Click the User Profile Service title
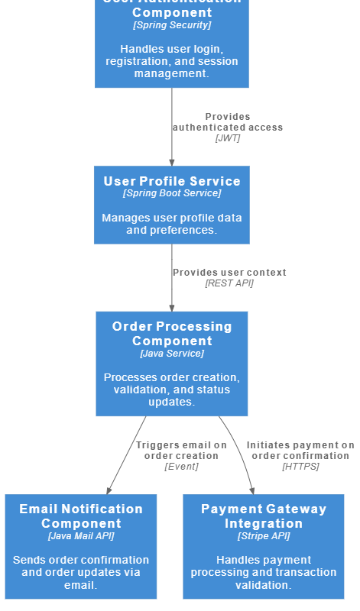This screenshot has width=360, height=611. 172,181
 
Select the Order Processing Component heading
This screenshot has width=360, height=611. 172,334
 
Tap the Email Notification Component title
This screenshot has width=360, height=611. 81,516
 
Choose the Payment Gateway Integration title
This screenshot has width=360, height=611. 264,516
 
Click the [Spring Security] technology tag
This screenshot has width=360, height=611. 172,25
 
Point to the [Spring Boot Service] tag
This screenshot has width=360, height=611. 172,194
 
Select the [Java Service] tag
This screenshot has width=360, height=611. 172,354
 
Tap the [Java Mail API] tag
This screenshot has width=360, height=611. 81,536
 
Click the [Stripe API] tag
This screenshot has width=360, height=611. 264,536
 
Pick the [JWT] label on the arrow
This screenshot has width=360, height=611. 228,138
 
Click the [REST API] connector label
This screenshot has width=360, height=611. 229,283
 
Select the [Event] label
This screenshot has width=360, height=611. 181,467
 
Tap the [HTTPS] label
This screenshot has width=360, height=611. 300,467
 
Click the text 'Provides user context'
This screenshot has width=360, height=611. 229,273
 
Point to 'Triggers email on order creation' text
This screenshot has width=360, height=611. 181,451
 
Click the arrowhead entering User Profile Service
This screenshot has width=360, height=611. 172,162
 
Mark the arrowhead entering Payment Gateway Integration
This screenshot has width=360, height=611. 252,490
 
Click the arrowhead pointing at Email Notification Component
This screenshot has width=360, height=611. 109,490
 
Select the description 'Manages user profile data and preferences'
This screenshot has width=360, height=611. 172,224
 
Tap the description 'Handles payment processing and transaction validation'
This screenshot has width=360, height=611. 264,572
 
